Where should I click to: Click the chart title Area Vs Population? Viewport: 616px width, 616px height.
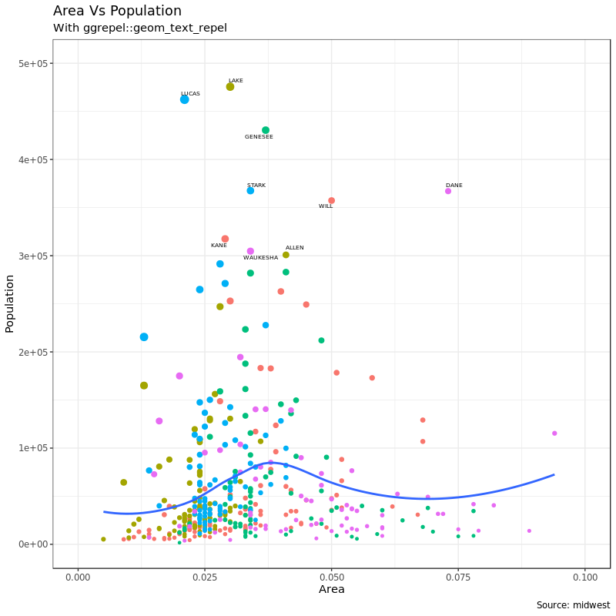(117, 11)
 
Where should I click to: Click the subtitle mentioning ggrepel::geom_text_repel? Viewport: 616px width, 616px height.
(139, 28)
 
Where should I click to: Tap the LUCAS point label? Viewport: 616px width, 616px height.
(190, 94)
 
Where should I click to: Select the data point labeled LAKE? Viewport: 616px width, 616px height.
(230, 87)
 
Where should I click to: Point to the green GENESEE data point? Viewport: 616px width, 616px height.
(266, 130)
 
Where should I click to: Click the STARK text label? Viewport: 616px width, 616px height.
(256, 186)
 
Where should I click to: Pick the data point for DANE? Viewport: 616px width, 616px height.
(448, 191)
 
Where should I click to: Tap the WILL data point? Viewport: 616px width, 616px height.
(332, 201)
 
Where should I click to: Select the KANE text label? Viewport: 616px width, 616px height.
(219, 246)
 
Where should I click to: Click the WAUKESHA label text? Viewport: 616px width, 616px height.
(260, 258)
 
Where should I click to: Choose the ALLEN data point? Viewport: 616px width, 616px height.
(286, 255)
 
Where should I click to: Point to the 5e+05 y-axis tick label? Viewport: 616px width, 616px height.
(34, 64)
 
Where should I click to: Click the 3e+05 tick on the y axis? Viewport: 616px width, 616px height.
(34, 256)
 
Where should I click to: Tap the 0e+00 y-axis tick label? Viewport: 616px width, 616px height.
(34, 544)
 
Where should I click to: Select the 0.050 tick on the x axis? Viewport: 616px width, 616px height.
(331, 577)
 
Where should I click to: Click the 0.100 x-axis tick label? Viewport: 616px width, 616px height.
(585, 577)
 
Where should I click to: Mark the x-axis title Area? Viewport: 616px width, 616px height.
(331, 590)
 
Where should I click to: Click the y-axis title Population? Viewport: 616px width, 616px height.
(10, 303)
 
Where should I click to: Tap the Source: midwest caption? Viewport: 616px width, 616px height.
(573, 605)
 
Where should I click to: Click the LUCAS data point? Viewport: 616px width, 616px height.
(185, 99)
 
